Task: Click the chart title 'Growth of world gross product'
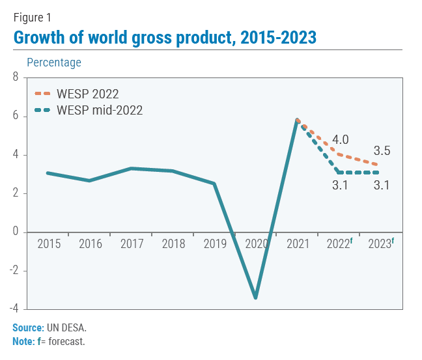(165, 38)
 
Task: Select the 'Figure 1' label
(32, 18)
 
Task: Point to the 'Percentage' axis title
(54, 62)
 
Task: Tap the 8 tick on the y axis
(16, 78)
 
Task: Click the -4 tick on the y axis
(14, 309)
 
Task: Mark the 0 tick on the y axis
(16, 232)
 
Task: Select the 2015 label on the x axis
(49, 244)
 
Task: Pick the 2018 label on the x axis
(173, 244)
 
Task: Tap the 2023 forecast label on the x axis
(381, 244)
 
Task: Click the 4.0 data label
(341, 140)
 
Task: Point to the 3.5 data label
(382, 151)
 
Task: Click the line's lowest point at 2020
(256, 298)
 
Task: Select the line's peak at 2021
(298, 120)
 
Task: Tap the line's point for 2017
(132, 169)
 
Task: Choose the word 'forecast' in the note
(67, 340)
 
